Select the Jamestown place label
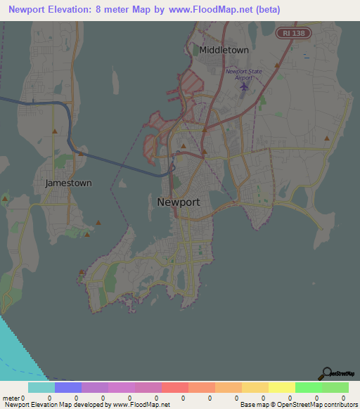click(68, 183)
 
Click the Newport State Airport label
click(243, 74)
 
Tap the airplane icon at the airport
click(244, 86)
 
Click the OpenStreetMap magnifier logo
click(328, 373)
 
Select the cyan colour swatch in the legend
click(41, 387)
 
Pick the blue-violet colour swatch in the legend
click(68, 387)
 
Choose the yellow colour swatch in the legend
click(282, 387)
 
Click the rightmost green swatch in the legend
click(335, 387)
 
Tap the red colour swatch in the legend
click(175, 387)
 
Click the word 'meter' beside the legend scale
click(11, 398)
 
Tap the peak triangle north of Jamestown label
click(55, 131)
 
